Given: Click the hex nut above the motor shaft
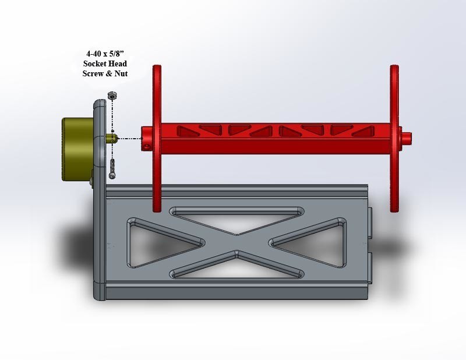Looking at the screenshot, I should tap(111, 95).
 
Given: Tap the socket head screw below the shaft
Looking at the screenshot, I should tap(113, 167).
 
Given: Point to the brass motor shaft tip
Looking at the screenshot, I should tap(114, 138).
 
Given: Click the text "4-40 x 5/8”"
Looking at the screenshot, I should tap(105, 54).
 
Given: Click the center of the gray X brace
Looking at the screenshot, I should tap(236, 241).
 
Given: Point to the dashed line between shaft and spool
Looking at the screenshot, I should tap(130, 139).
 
